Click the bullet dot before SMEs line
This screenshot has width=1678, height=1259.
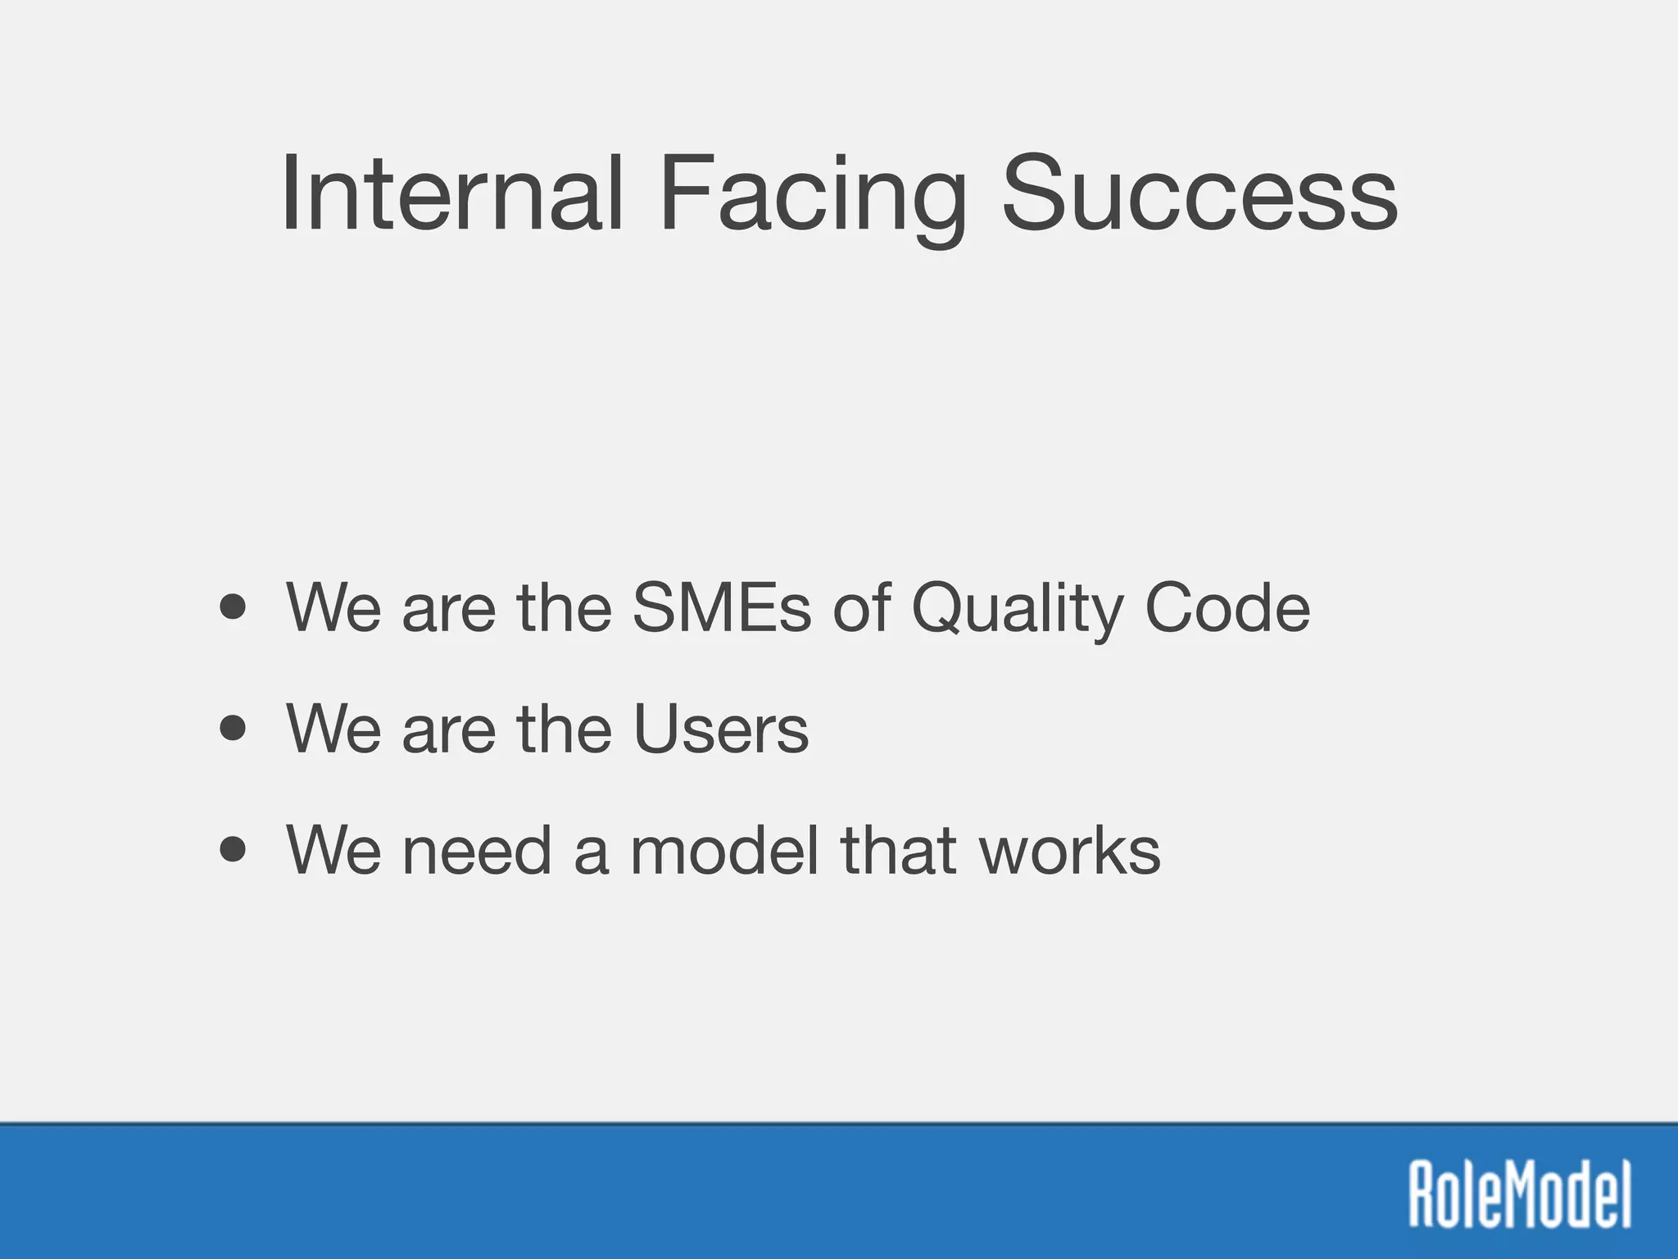coord(234,607)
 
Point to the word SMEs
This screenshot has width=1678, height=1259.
coord(721,607)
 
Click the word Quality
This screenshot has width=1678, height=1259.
coord(1017,611)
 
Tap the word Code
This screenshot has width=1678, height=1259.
coord(1227,607)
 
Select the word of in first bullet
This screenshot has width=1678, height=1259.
coord(861,607)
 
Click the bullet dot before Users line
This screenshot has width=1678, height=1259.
coord(234,728)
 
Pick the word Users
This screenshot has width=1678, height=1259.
coord(721,729)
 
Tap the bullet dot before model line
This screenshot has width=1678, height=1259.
coord(234,850)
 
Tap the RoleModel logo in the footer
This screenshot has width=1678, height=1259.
coord(1520,1194)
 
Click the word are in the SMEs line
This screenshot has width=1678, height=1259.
coord(449,607)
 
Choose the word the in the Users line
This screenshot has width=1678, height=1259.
coord(565,729)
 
